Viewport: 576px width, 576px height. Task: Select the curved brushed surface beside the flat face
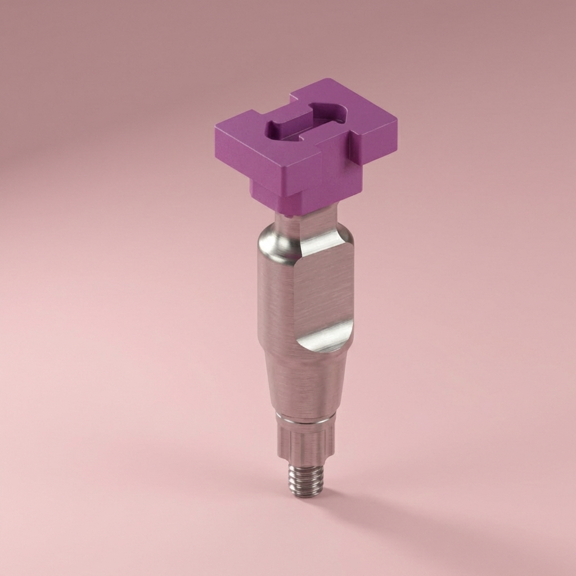click(x=276, y=304)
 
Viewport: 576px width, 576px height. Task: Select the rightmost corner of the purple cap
click(x=395, y=121)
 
